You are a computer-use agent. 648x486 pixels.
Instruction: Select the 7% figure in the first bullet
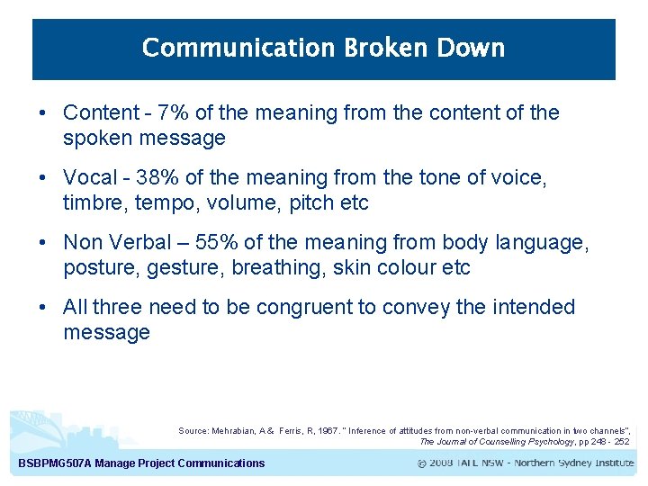tap(173, 113)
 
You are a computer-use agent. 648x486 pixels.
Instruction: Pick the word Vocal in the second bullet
tap(89, 178)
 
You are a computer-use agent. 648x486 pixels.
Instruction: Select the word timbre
tap(92, 203)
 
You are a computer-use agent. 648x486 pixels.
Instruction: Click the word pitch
tap(310, 203)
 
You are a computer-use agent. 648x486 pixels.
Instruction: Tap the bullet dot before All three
tap(43, 308)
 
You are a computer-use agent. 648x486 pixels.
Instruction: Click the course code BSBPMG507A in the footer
tap(51, 463)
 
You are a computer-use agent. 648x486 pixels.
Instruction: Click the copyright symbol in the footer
tap(423, 463)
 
